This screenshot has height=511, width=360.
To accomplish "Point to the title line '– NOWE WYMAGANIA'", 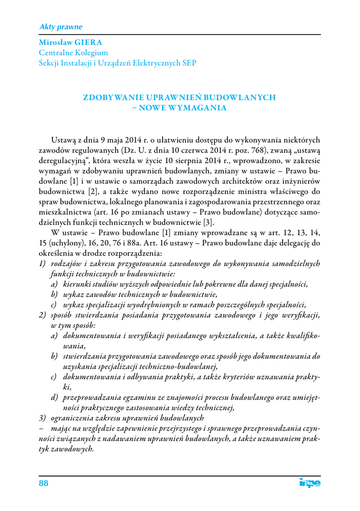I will (179, 107).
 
